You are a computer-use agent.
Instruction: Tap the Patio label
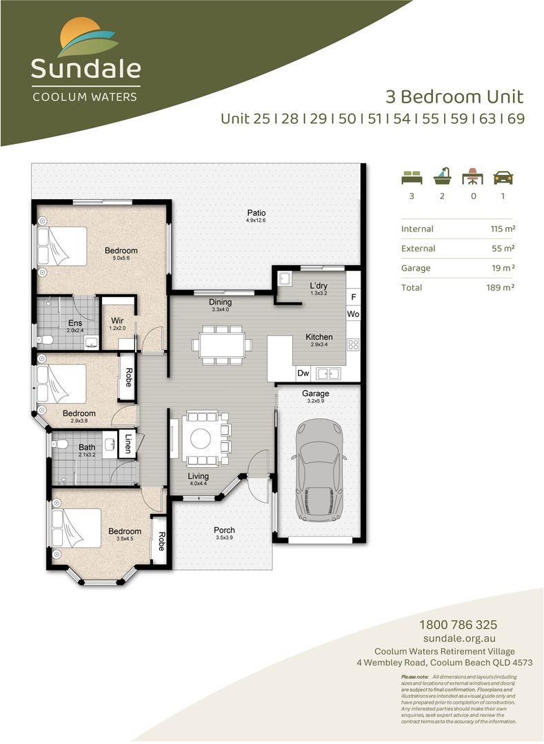(256, 213)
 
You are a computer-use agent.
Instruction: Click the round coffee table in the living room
(201, 438)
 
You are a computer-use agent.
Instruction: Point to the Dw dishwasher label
(303, 373)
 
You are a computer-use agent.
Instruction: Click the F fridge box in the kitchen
(354, 298)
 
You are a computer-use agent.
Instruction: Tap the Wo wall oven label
(354, 313)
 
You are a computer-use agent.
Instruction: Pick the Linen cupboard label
(128, 443)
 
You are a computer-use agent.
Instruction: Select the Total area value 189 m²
(500, 287)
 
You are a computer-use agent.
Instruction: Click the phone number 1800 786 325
(458, 625)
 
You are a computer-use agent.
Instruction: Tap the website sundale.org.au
(458, 639)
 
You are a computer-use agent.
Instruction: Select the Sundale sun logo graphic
(87, 39)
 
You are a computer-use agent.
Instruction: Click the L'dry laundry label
(318, 286)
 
